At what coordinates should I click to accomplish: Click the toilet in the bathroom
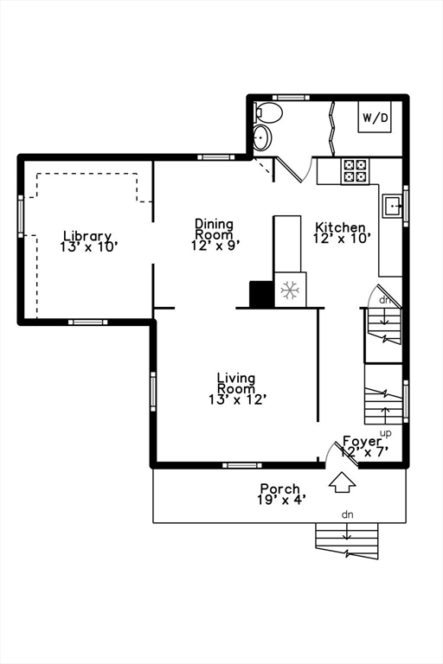click(268, 112)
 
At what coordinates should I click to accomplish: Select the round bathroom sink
click(261, 137)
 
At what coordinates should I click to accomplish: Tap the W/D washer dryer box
click(376, 117)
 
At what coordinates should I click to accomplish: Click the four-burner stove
click(355, 170)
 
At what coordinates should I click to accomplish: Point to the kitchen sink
click(393, 206)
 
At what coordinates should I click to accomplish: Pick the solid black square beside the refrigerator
click(261, 294)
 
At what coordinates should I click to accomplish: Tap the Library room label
click(87, 236)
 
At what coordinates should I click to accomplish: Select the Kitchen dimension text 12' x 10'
click(342, 239)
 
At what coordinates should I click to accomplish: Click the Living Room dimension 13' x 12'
click(236, 399)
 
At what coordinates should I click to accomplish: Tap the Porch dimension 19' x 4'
click(280, 500)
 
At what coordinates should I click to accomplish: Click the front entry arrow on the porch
click(343, 480)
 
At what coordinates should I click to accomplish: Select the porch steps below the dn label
click(347, 540)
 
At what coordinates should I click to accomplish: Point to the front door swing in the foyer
click(329, 452)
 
